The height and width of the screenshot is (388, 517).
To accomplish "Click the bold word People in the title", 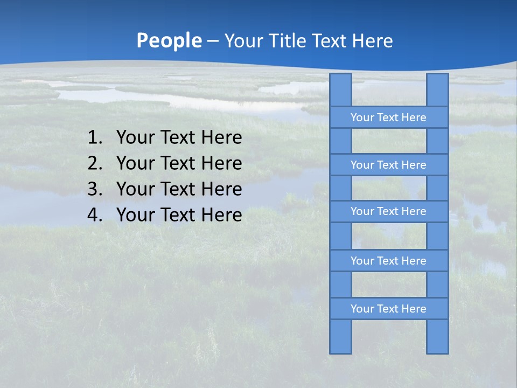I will coord(169,40).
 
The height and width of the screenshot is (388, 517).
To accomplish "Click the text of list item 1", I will coord(179,138).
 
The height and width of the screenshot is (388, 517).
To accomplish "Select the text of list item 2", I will coord(179,163).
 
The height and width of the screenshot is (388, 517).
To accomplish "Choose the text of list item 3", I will coord(179,189).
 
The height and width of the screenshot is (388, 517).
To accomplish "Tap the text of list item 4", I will coord(179,215).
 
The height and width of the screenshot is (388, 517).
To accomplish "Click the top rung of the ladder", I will coord(388,117).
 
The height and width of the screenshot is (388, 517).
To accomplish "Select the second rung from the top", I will coord(388,165).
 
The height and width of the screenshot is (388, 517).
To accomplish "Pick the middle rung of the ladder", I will coord(388,211).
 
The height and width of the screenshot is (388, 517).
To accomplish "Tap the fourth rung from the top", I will coord(388,261).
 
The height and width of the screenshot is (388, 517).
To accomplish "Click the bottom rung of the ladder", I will coord(388,309).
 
